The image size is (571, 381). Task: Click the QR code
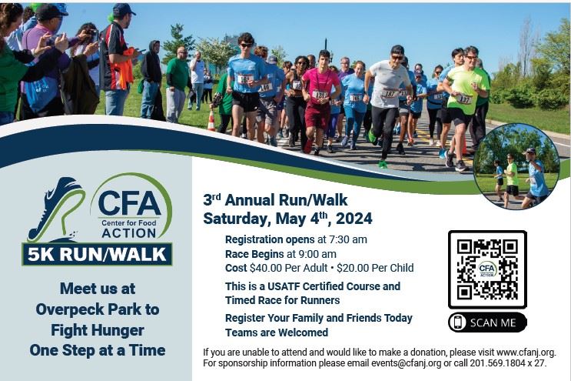pos(487,269)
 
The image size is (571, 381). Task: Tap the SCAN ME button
pos(487,323)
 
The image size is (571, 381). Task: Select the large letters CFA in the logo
pos(129,203)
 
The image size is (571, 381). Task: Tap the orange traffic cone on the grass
pos(211,121)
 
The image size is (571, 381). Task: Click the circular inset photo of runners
pos(516,166)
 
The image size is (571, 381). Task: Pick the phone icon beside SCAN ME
pos(459,323)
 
